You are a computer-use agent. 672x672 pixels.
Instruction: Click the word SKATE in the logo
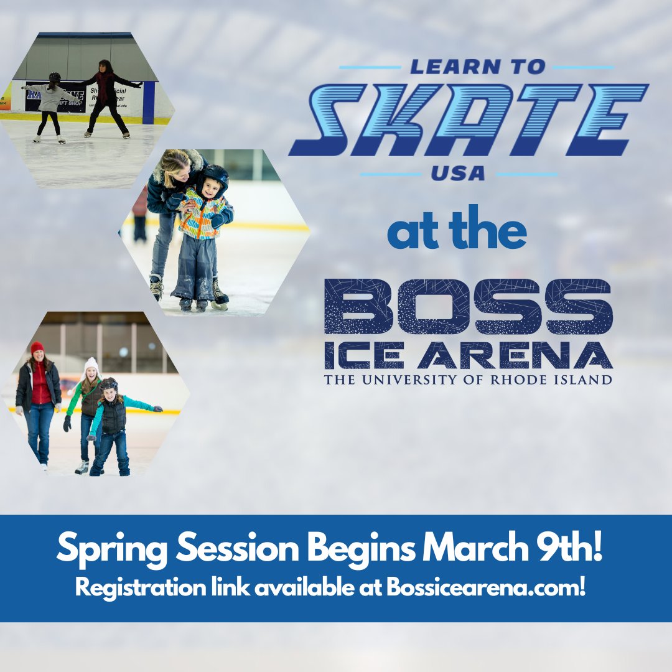pyautogui.click(x=469, y=119)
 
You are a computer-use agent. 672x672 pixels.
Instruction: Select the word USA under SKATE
pyautogui.click(x=459, y=173)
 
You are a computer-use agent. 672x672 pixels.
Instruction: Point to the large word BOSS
pyautogui.click(x=469, y=306)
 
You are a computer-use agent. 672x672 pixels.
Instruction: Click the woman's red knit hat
pyautogui.click(x=37, y=347)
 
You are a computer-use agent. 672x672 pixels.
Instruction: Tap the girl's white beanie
pyautogui.click(x=91, y=364)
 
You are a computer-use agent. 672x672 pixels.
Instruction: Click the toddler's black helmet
pyautogui.click(x=213, y=177)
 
